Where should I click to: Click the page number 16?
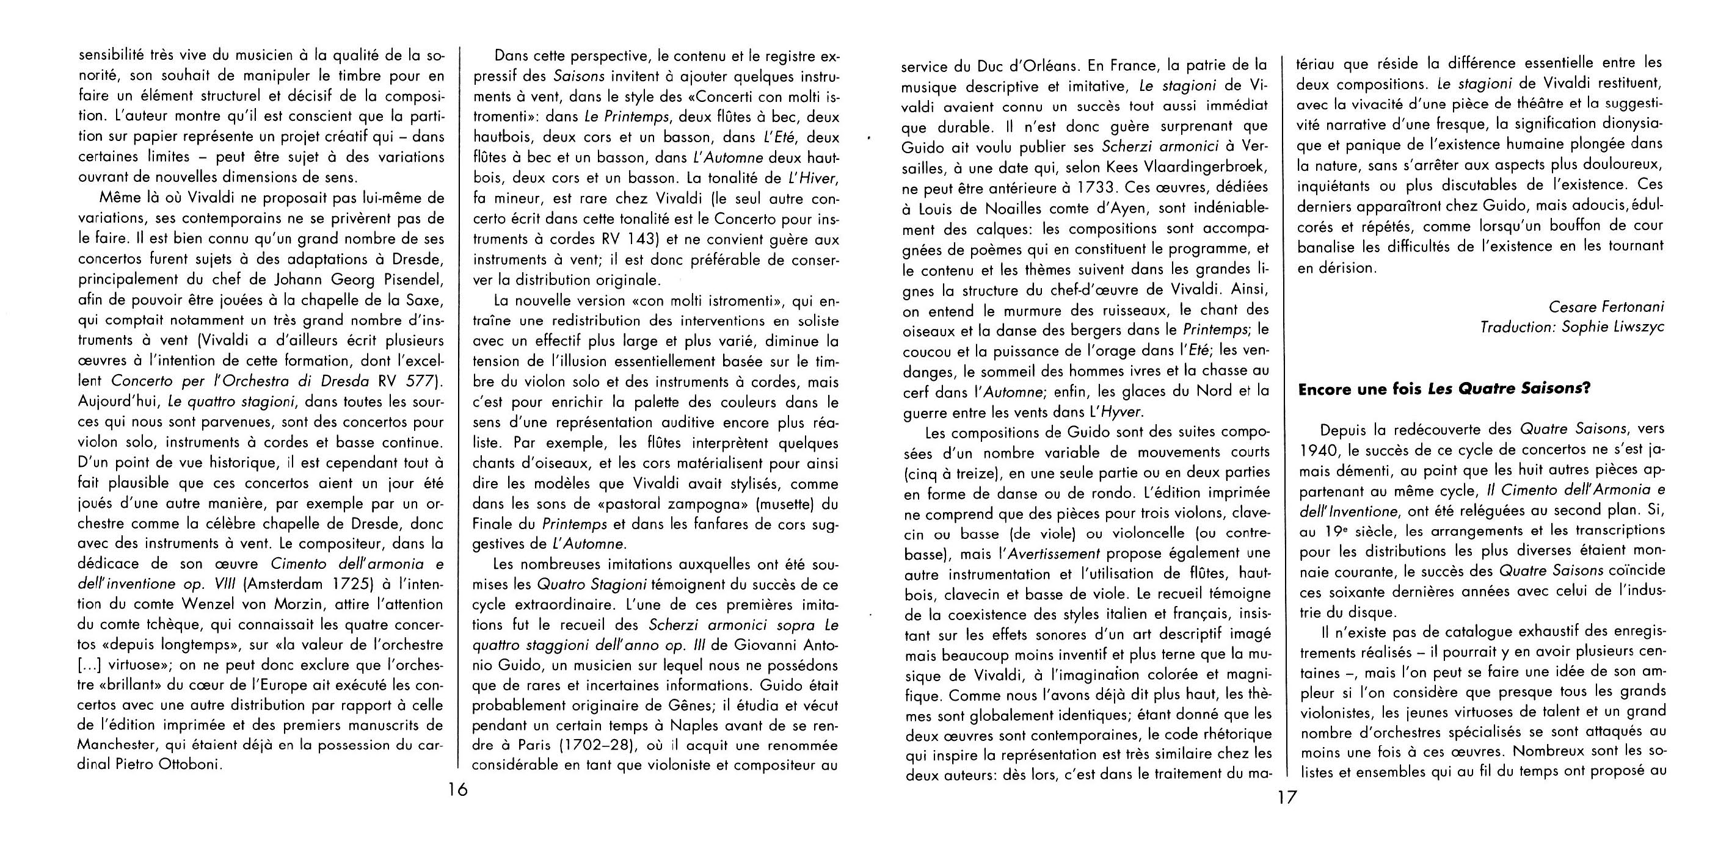pos(458,790)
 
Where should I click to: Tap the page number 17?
pos(1287,798)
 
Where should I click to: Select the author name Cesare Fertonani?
pos(1606,306)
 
